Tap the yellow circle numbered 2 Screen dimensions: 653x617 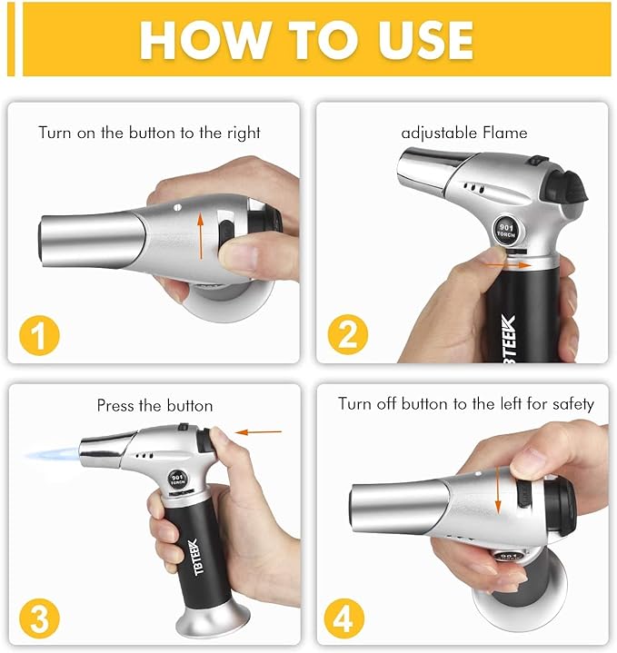point(346,336)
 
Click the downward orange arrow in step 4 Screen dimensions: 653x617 point(498,491)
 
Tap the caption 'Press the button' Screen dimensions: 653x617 point(154,405)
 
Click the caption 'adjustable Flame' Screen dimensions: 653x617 point(463,133)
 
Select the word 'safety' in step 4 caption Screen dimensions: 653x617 point(572,403)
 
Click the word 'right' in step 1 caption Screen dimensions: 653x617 point(243,133)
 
